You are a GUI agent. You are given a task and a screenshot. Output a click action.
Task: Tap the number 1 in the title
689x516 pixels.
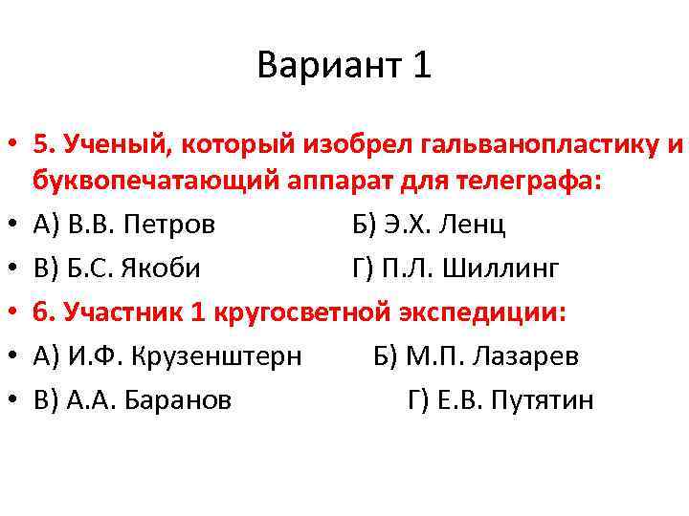[422, 66]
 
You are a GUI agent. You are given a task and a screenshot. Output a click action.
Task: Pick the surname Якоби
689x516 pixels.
[161, 269]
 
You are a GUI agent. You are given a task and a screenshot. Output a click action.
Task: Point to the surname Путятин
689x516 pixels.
[542, 400]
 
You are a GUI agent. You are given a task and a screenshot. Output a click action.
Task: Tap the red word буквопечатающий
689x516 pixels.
[138, 181]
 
